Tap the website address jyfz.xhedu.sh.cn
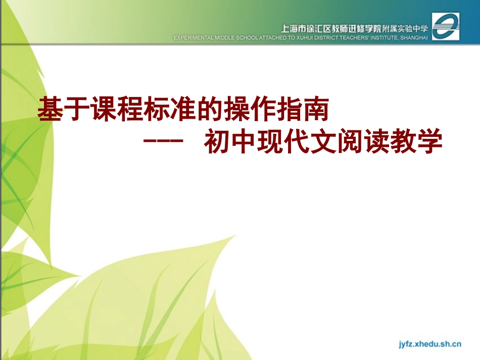coord(428,344)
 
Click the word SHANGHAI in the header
coord(414,37)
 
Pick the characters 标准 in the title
coord(160,110)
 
